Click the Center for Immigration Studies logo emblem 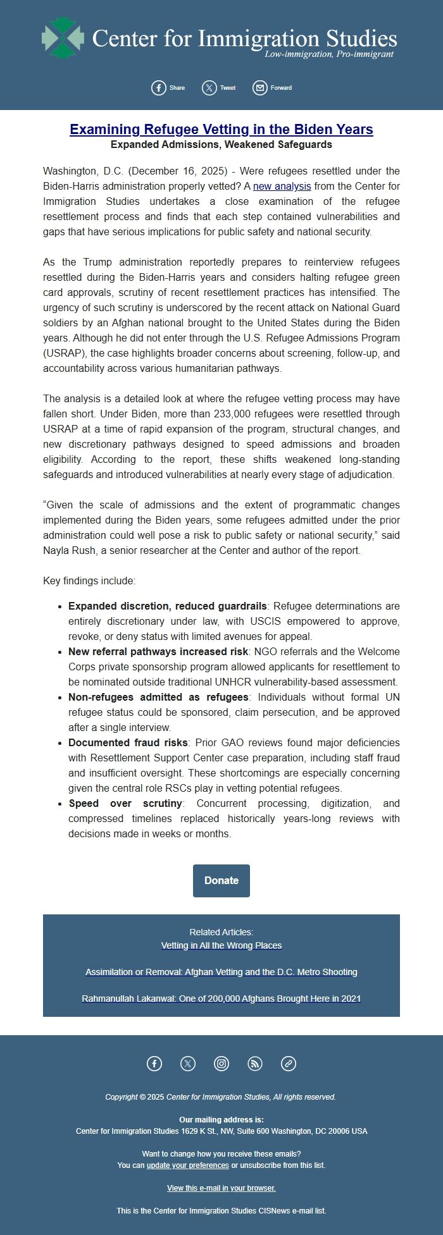(x=63, y=38)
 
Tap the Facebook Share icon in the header (x=159, y=88)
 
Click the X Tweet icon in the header (x=209, y=88)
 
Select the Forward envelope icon (x=260, y=88)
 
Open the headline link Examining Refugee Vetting (x=221, y=130)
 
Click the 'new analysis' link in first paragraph (x=282, y=186)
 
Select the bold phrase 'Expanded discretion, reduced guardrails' (x=167, y=606)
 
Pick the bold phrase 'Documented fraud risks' (x=128, y=742)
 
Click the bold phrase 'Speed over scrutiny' (x=125, y=803)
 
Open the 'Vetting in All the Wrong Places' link (x=221, y=945)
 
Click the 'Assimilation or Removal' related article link (x=221, y=972)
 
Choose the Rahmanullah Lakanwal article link (x=221, y=998)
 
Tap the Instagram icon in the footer (x=221, y=1064)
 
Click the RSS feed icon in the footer (x=255, y=1064)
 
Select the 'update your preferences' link (x=187, y=1165)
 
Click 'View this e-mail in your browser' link (x=221, y=1188)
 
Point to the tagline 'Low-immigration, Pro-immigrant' (x=328, y=54)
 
